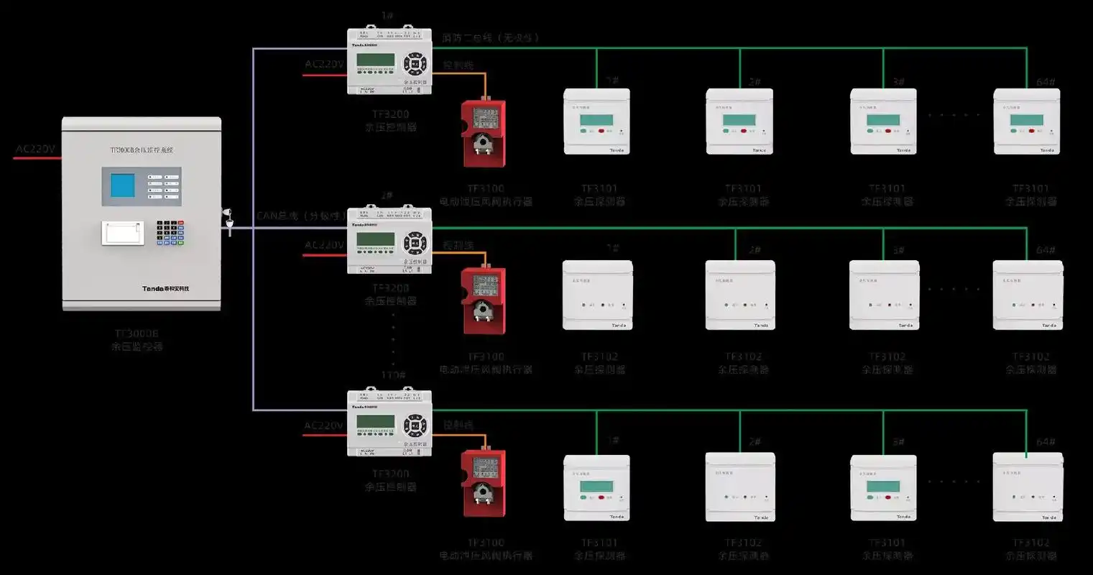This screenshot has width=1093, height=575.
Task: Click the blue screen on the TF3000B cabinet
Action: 121,185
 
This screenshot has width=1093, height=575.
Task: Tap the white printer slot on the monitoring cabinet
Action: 122,233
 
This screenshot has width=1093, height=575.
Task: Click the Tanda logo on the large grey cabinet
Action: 165,288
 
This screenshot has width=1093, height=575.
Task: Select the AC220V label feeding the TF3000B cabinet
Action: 35,149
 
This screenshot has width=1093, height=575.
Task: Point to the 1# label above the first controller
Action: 387,16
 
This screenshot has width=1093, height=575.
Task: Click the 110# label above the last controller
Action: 393,376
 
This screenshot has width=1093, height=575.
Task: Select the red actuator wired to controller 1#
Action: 483,132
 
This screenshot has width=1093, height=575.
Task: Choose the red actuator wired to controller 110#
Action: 483,482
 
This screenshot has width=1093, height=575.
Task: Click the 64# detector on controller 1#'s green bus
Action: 1027,121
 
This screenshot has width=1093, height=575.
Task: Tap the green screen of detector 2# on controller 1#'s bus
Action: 739,120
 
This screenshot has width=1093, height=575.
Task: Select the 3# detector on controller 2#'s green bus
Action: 884,295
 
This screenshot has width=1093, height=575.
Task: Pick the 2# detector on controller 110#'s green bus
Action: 740,487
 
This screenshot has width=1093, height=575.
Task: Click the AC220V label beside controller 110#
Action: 323,425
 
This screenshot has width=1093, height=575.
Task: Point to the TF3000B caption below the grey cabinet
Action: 137,334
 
